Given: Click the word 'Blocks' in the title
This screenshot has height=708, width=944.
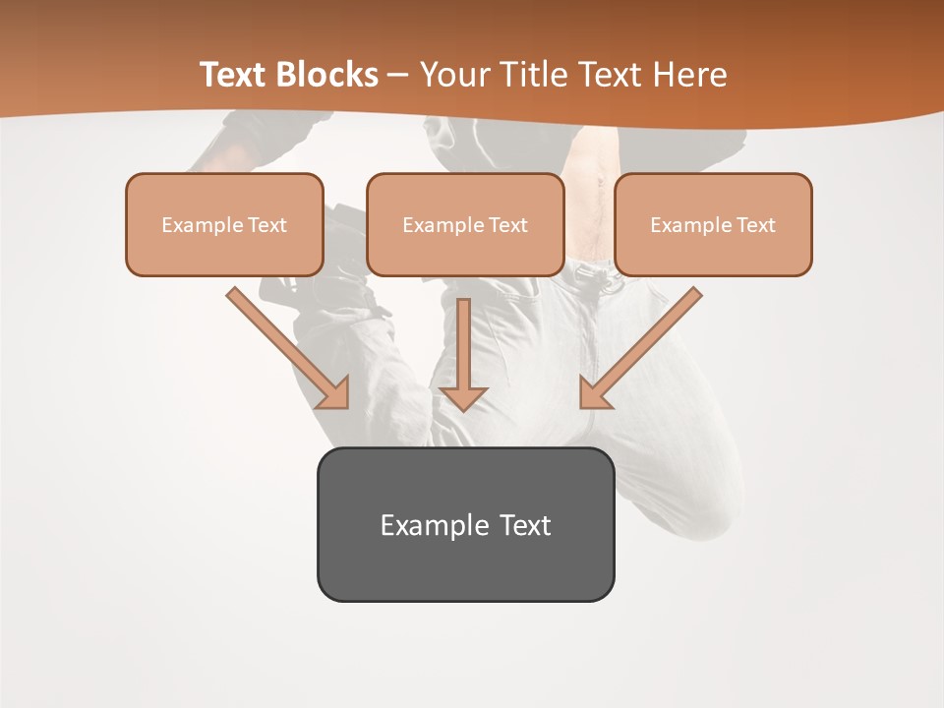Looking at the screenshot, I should (327, 75).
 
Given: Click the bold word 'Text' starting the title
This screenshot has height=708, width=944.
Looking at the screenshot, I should (236, 75).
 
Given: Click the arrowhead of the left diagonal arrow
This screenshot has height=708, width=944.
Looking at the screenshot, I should (334, 393).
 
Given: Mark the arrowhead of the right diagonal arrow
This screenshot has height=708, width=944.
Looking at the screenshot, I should (594, 393).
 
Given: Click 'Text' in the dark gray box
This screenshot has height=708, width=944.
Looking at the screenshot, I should (525, 525).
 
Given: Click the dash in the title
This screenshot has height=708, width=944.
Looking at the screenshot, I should (398, 75).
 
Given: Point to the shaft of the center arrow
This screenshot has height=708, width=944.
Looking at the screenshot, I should (464, 339).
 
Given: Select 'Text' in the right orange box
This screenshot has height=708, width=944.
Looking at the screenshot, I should (756, 225).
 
